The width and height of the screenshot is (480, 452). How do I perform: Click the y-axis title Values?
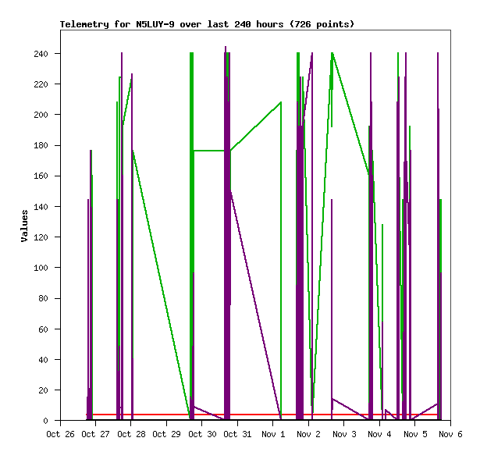(24, 226)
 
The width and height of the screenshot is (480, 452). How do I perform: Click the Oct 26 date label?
(60, 434)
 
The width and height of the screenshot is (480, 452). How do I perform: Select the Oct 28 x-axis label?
(131, 434)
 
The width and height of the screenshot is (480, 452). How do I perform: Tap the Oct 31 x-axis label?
(237, 434)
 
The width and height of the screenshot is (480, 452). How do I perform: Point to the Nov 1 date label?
(273, 434)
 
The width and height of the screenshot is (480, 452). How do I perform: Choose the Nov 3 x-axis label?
(344, 434)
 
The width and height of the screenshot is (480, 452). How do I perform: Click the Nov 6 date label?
(450, 434)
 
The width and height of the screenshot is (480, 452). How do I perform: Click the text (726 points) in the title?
(322, 24)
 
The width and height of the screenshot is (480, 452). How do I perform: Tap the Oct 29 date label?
(166, 434)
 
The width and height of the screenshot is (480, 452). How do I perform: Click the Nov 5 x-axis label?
(415, 434)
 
